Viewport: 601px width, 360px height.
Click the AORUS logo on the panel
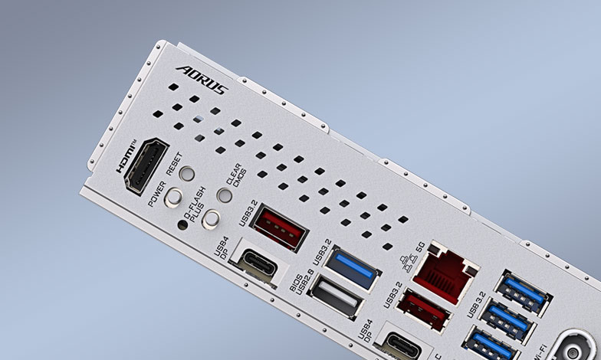[x=202, y=80]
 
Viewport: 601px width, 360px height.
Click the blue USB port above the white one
[x=350, y=269]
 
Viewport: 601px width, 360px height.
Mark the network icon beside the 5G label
[x=409, y=264]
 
